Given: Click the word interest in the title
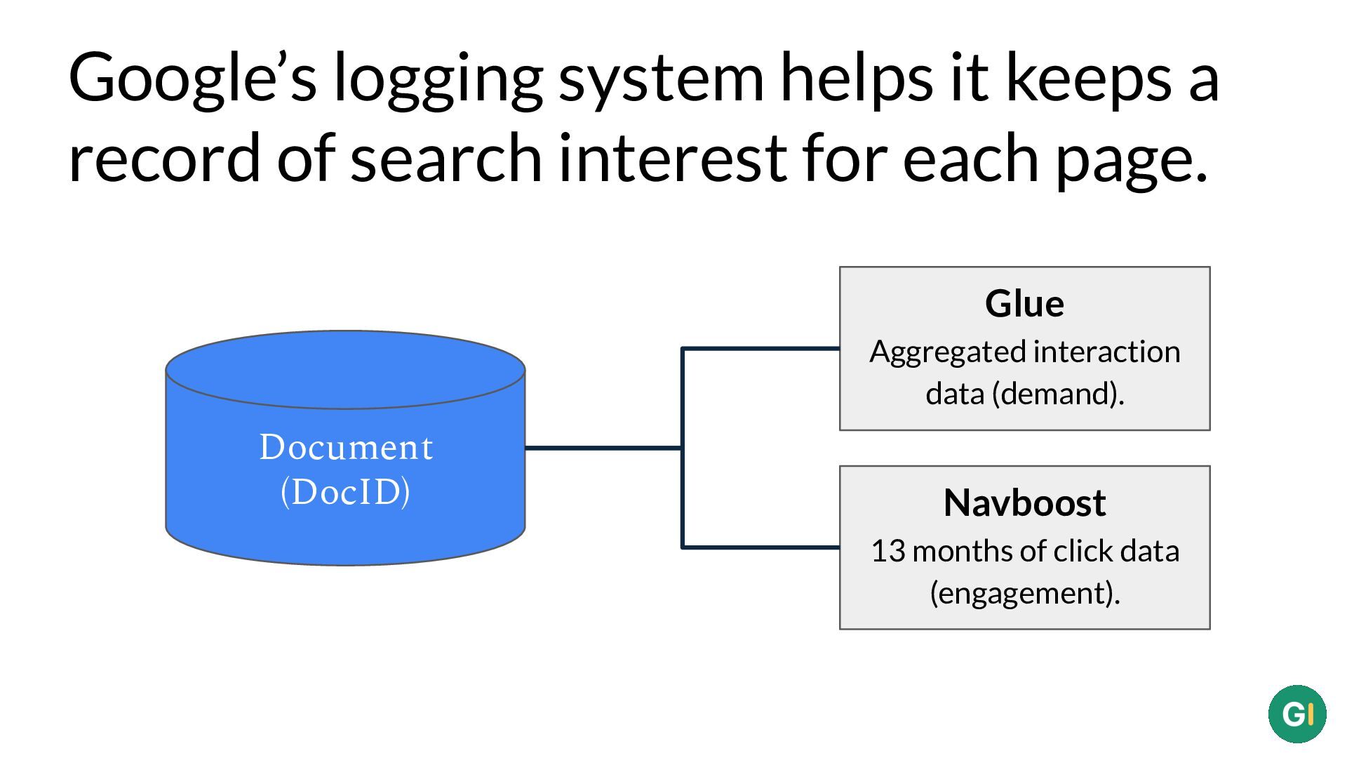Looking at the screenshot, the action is coord(672,158).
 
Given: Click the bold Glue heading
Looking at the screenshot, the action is coord(1024,304).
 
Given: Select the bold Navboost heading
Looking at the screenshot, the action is coord(1024,503).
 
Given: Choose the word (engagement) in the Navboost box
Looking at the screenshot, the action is coord(1025,594).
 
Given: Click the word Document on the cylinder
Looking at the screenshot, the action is coord(346,448).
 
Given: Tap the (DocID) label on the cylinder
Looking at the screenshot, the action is coord(345,492).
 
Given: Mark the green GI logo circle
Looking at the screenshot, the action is coord(1297,714).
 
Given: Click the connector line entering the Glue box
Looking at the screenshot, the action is coord(760,348).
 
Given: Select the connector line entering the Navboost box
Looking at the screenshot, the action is coord(760,547).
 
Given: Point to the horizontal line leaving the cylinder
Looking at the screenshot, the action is coord(603,447).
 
